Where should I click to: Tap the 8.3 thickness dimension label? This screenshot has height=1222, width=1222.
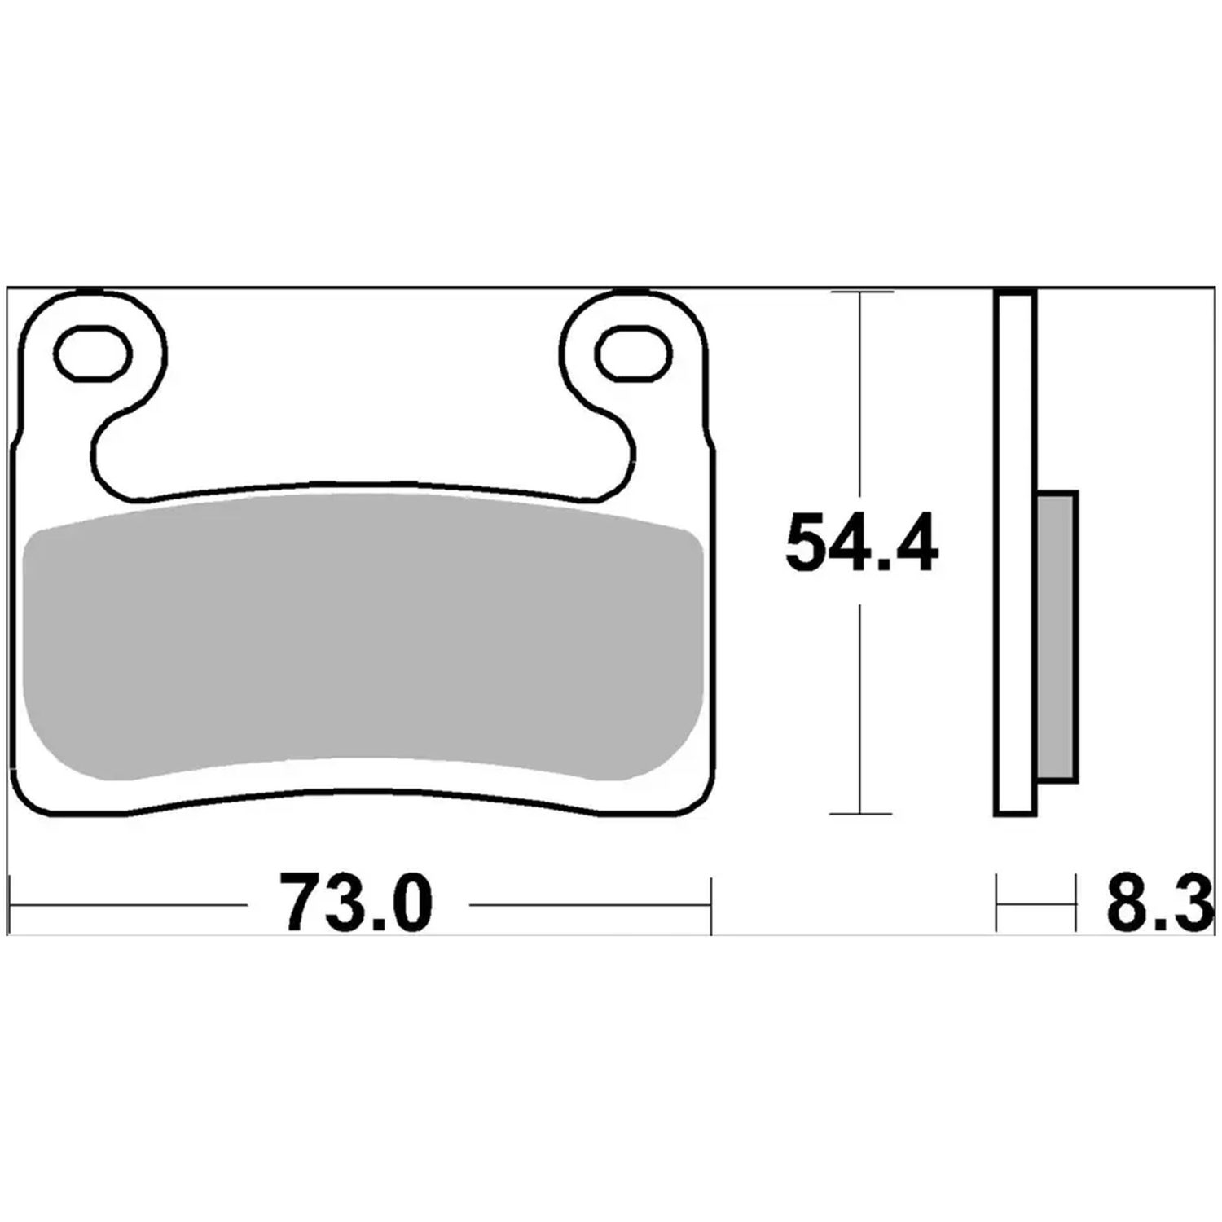point(1158,903)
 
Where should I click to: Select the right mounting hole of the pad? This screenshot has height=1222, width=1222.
point(635,354)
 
